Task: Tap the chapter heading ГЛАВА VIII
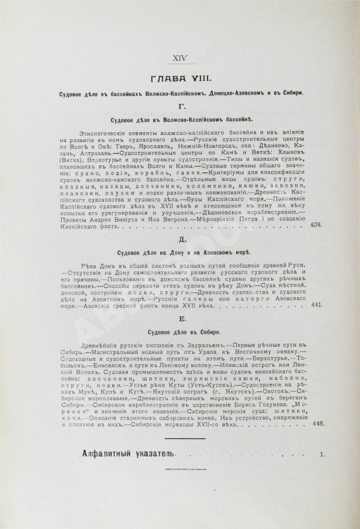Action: (180, 79)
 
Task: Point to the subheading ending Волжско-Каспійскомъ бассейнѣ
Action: (180, 121)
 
